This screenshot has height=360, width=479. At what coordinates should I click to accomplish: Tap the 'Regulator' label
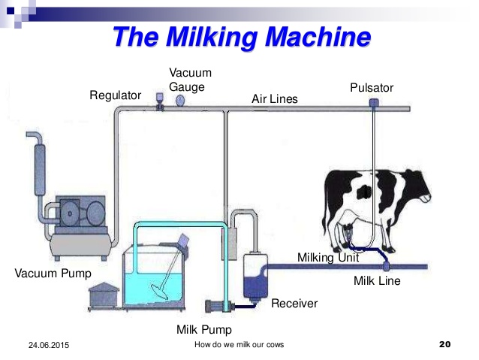point(115,95)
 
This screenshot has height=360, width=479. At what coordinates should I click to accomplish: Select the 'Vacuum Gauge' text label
point(190,79)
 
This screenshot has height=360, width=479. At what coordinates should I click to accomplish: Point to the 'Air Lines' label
point(274,99)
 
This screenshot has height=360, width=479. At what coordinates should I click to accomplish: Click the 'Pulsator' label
point(372,88)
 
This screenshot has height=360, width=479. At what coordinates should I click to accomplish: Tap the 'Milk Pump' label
point(204,329)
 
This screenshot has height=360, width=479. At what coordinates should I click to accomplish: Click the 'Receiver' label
point(294,304)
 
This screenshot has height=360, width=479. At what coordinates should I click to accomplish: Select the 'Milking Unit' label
point(328,257)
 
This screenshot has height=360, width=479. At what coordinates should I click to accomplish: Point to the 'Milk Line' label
point(377,281)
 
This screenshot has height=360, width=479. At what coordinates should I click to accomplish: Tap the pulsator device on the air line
point(372,103)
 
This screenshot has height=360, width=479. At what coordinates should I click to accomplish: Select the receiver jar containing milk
point(255,279)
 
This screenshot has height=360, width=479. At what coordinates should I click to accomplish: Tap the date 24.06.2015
point(45,344)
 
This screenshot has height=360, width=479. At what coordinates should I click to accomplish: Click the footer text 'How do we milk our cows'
point(239,344)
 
